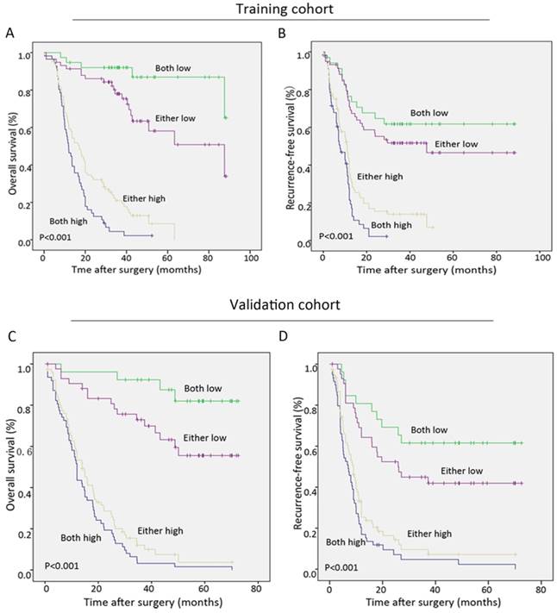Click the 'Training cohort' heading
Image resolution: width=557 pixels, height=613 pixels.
tap(279, 9)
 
